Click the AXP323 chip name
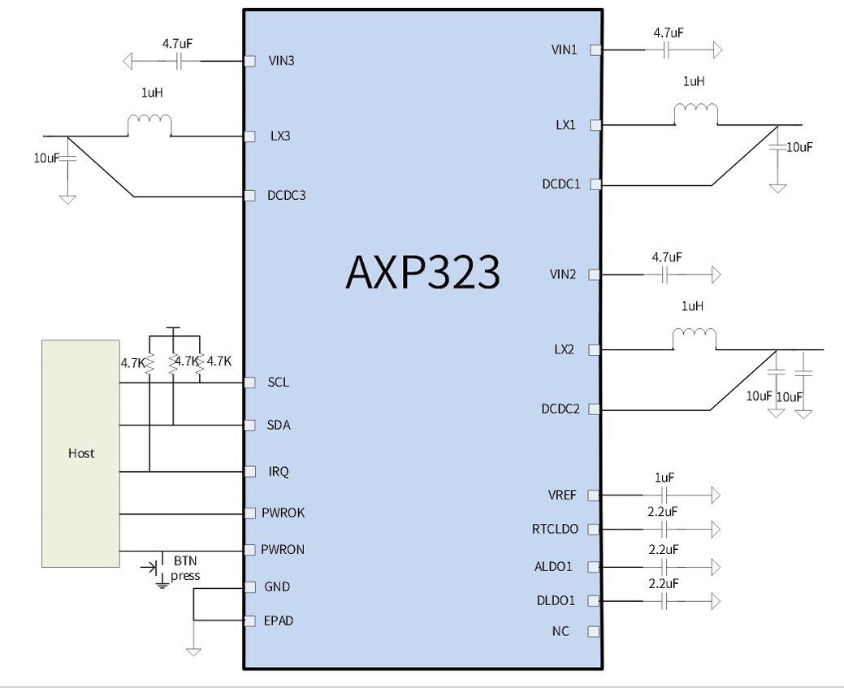coord(422,272)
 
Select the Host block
coord(80,453)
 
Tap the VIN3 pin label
coord(281,60)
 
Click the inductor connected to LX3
coord(149,125)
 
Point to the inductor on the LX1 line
coord(696,114)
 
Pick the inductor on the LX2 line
coord(695,339)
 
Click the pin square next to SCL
coord(249,383)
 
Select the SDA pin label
coord(279,426)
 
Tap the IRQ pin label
coord(279,472)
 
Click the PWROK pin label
coord(283,513)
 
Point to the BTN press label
coord(185,569)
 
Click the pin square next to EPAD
coord(249,621)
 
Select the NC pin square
coord(593,631)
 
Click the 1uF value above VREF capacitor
coord(664,478)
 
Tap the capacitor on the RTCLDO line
coord(664,529)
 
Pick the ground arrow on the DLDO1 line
coord(716,601)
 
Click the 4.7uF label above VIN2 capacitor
coord(667,257)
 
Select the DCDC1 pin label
coord(561,184)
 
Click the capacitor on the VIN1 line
coord(665,50)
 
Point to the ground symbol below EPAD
coord(193,651)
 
